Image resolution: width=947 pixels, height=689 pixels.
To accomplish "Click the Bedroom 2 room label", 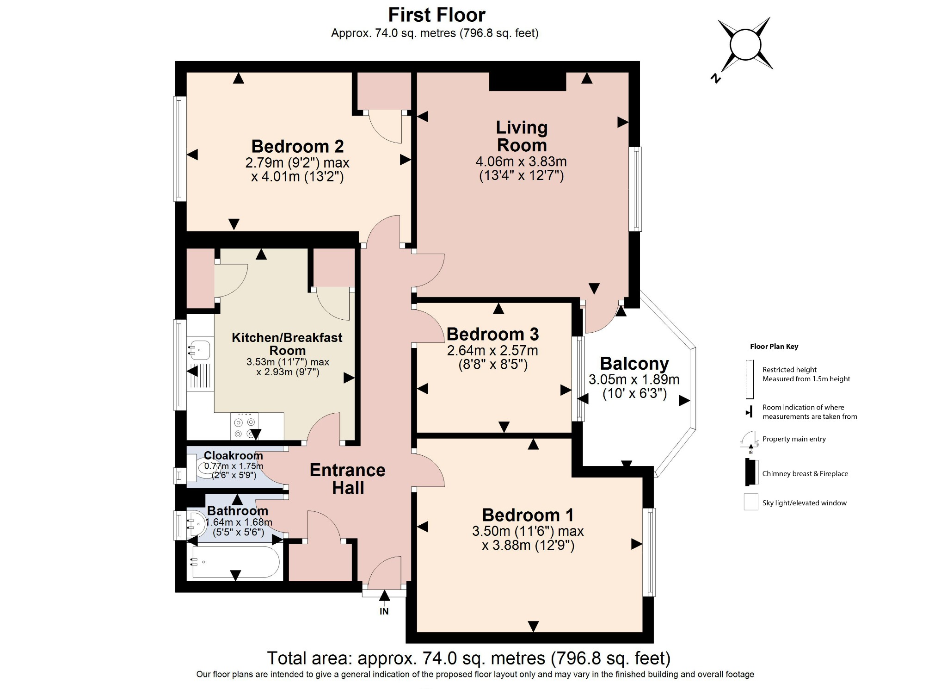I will (x=297, y=146).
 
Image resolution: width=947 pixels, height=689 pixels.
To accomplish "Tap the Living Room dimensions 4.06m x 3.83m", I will (x=521, y=161).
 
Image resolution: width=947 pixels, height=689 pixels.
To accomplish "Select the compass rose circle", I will (x=745, y=45).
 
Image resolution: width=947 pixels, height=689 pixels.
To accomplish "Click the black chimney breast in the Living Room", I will (x=527, y=82).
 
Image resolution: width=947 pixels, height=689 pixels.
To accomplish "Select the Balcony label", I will (x=634, y=364).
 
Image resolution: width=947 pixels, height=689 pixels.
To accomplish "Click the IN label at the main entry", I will (x=384, y=611).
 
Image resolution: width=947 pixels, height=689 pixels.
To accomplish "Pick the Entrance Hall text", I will (x=348, y=479).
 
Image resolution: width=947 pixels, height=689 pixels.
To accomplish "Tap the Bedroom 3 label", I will (x=492, y=334).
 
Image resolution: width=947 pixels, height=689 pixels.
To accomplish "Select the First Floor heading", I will (x=437, y=15).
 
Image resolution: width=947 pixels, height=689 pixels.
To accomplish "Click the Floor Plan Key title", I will (x=774, y=347).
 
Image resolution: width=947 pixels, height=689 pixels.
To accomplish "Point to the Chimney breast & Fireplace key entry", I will (x=805, y=473).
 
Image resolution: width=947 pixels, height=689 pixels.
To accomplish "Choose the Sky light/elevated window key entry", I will (x=804, y=503).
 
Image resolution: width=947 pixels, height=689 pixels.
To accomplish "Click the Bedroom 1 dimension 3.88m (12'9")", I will (x=528, y=546).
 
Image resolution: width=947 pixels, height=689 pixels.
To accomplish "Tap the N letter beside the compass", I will (x=715, y=78).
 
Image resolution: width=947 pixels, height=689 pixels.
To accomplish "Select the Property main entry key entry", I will (x=793, y=439).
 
